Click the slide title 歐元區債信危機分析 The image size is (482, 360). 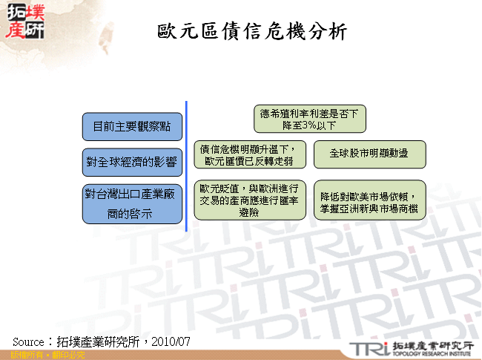(x=252, y=32)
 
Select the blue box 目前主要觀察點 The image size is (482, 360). (x=131, y=127)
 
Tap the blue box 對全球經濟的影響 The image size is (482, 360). (x=131, y=160)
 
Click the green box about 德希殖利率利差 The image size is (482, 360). (x=309, y=119)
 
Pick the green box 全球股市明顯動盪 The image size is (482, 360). (x=369, y=154)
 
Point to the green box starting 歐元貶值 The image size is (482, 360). (x=249, y=199)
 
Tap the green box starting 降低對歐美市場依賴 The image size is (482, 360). (x=369, y=199)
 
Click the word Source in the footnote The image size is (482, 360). (x=30, y=341)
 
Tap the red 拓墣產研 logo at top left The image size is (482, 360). (x=27, y=22)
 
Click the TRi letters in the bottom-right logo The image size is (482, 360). (x=369, y=347)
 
